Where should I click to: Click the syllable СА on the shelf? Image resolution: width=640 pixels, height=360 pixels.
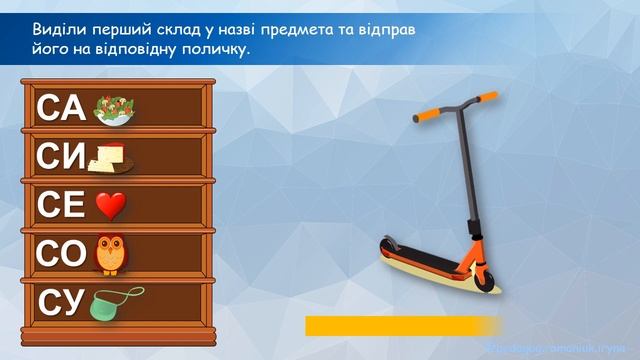click(62, 107)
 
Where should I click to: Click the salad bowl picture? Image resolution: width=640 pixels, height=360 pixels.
click(115, 111)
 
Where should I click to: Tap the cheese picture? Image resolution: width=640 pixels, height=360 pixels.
click(111, 157)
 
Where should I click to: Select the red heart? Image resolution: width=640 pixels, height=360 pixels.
click(111, 207)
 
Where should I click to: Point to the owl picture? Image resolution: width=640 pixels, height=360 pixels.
click(111, 254)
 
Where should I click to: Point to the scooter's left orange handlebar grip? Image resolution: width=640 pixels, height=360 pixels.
click(424, 118)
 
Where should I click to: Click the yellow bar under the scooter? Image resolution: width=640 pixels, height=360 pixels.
click(400, 326)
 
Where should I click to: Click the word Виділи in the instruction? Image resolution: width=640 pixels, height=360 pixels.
click(58, 30)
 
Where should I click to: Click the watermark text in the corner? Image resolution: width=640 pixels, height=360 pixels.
click(561, 346)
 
